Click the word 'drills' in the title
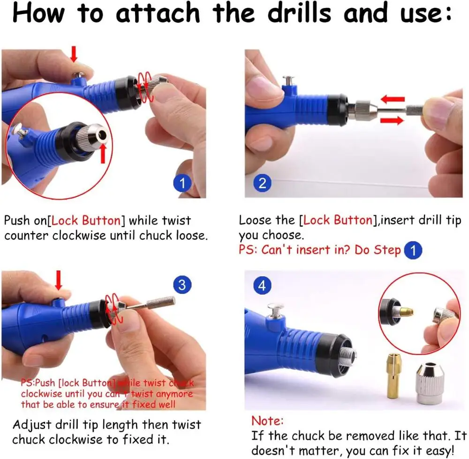click(x=299, y=13)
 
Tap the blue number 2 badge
click(x=262, y=183)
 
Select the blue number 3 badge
click(x=182, y=285)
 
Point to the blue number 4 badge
click(x=262, y=285)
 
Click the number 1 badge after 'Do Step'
click(x=413, y=250)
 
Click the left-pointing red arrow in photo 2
click(x=393, y=99)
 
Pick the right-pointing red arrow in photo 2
click(x=392, y=120)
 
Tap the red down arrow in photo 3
click(x=59, y=280)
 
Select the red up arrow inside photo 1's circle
click(x=103, y=154)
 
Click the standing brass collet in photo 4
click(x=394, y=376)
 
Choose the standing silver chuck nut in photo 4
click(x=430, y=383)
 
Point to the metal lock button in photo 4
click(x=276, y=311)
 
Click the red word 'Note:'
click(x=267, y=421)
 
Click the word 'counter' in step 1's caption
click(x=26, y=235)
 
